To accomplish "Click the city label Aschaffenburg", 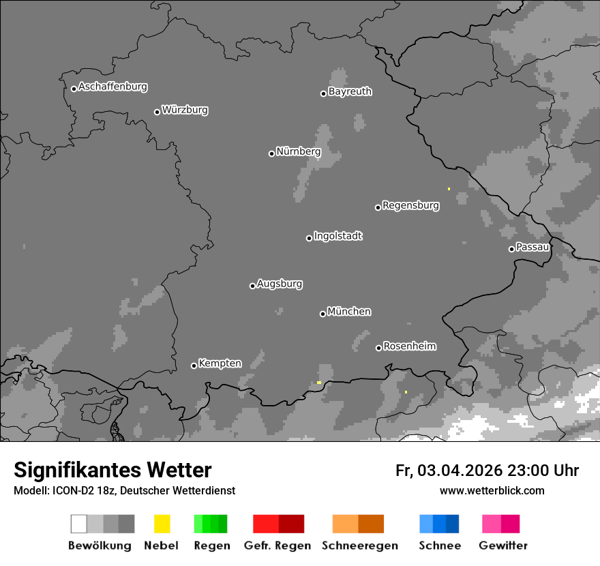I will point(112,87).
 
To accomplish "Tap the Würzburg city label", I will point(185,110).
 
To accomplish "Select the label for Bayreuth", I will point(350,91).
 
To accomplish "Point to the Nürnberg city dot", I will point(271,153).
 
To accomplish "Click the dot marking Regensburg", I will point(378,207).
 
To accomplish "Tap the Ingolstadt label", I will point(337,236).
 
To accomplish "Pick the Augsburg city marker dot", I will point(252,286).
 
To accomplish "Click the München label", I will point(349,312).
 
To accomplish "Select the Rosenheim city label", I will point(409,346).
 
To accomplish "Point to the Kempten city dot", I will point(194,366).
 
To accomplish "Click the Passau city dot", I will point(511,249).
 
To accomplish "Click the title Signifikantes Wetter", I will point(112,470).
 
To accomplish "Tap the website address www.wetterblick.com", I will point(492,490).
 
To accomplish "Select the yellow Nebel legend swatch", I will point(162,524).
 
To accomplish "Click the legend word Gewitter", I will point(503,546).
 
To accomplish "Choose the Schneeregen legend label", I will point(359,546).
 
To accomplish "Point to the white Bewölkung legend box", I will point(79,524).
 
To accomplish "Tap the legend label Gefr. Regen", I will point(277,546).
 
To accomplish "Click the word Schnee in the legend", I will point(440,546).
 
